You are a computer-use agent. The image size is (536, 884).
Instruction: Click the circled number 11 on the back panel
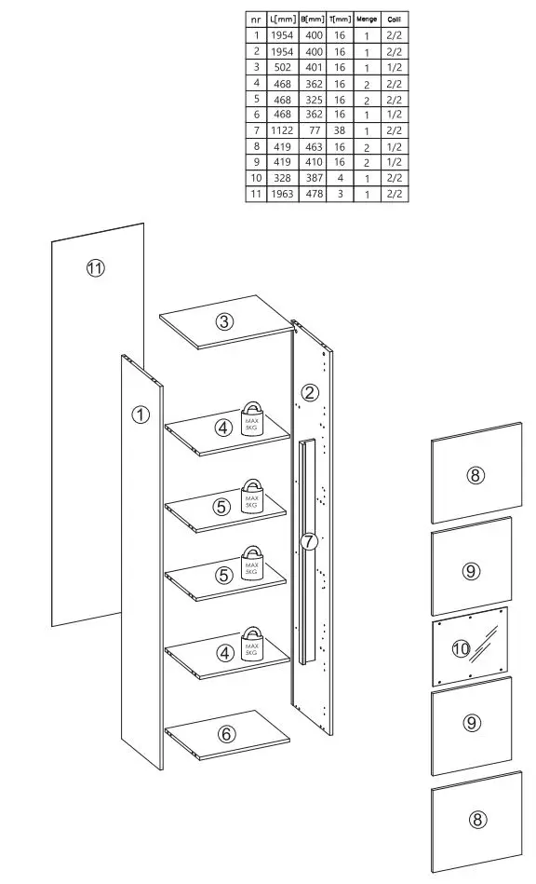point(95,268)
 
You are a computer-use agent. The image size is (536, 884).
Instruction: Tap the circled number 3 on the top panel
point(224,322)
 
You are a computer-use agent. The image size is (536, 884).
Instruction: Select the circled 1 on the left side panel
point(140,415)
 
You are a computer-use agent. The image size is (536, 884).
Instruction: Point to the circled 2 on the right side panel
point(311,391)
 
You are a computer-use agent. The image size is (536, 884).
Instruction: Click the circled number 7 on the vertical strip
point(309,540)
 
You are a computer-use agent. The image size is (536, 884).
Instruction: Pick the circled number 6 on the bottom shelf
point(226,734)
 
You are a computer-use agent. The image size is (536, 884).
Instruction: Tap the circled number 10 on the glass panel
point(460,648)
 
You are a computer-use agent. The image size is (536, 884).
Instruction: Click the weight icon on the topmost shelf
point(252,418)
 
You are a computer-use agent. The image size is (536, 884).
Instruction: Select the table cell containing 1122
point(282,130)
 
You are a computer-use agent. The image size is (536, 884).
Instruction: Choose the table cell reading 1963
point(282,194)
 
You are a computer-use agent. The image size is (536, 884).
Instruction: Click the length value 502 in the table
point(282,67)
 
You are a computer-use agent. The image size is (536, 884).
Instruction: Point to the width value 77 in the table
point(314,130)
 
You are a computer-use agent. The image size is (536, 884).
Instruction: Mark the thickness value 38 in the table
point(340,130)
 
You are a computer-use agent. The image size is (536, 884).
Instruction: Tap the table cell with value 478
point(314,194)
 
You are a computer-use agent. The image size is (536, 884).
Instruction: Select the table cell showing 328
point(282,178)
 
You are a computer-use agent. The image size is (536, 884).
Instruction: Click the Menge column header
point(367,19)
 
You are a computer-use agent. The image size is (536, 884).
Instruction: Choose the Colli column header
point(395,19)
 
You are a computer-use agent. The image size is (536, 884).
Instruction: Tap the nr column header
point(256,19)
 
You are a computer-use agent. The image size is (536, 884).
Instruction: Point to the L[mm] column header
point(282,19)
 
